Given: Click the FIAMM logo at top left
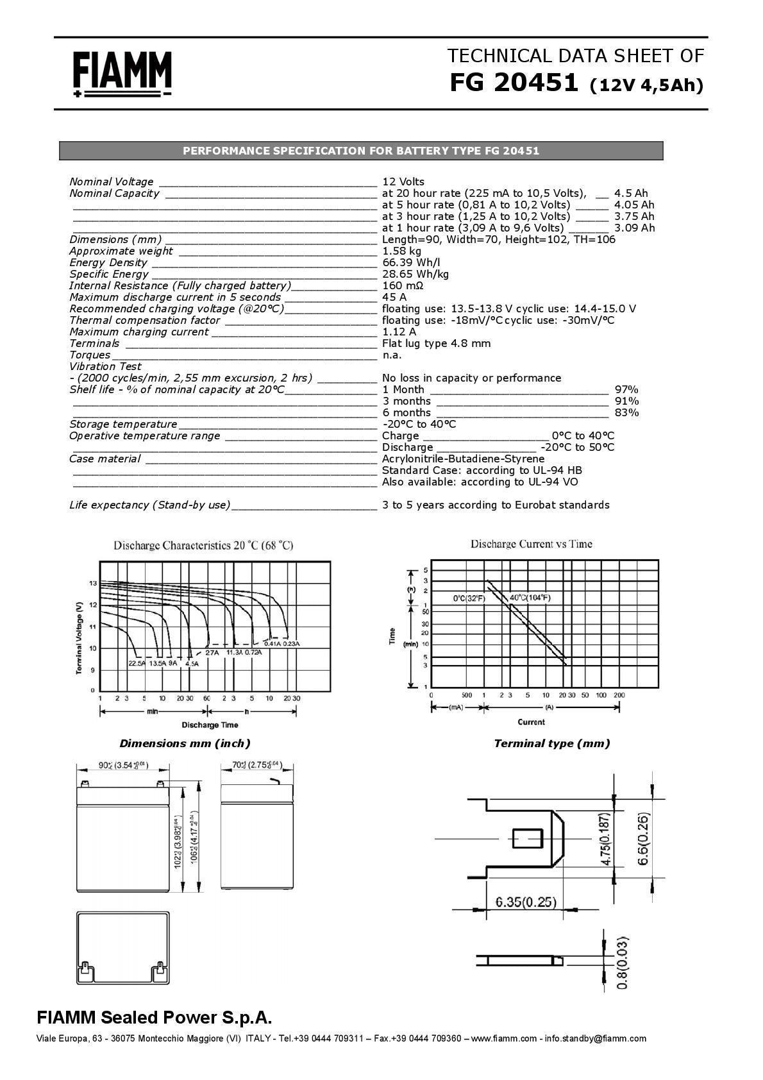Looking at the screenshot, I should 122,74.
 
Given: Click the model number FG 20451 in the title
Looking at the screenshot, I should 514,83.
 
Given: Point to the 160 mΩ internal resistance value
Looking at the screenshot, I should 403,285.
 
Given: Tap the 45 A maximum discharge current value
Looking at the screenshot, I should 394,297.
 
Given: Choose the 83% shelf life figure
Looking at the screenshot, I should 626,412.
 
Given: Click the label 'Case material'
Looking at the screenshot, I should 105,459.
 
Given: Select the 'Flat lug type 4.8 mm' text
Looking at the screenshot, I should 436,343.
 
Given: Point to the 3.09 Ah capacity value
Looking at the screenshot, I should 634,228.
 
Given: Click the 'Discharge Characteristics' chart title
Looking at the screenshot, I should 203,546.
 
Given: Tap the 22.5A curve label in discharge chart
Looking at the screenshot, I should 137,663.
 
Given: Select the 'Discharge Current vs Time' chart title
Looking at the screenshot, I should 531,544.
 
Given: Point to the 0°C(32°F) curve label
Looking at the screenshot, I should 469,598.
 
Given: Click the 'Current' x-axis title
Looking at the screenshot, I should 531,722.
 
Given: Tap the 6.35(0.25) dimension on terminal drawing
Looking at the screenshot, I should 526,902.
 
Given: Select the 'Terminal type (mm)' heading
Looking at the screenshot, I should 551,743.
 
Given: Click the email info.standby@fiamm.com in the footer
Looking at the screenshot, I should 595,1038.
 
